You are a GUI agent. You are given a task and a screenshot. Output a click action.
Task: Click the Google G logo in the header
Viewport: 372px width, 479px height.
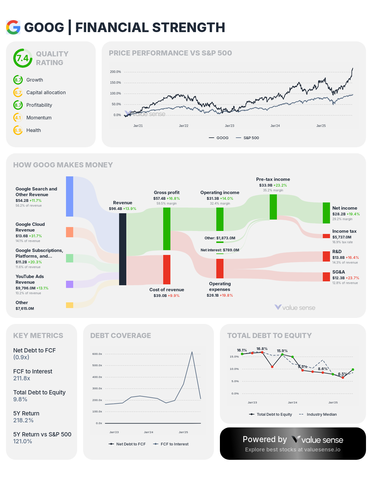pyautogui.click(x=13, y=27)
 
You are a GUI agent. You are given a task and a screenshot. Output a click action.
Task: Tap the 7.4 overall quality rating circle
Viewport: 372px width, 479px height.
pyautogui.click(x=22, y=58)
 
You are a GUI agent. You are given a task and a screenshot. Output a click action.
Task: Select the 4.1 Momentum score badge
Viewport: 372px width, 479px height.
pyautogui.click(x=18, y=118)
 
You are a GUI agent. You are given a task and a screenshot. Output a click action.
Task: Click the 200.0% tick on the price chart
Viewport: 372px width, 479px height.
pyautogui.click(x=115, y=72)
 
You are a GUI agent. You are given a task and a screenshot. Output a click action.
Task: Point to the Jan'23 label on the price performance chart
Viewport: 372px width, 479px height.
pyautogui.click(x=229, y=126)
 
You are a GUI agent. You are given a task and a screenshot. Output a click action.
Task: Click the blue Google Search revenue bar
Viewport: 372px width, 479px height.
pyautogui.click(x=70, y=196)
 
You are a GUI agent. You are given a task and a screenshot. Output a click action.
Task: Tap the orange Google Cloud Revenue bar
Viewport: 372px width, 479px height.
pyautogui.click(x=70, y=232)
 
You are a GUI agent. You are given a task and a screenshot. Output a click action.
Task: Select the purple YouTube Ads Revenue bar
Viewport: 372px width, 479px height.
pyautogui.click(x=70, y=284)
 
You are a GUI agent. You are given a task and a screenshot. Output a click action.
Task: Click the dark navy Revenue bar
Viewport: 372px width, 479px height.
pyautogui.click(x=123, y=249)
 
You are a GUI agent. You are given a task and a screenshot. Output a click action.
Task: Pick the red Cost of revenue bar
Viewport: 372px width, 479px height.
pyautogui.click(x=167, y=269)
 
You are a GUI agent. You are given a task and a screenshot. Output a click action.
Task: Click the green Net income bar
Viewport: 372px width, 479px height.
pyautogui.click(x=326, y=213)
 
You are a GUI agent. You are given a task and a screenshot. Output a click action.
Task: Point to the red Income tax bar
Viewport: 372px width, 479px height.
pyautogui.click(x=326, y=236)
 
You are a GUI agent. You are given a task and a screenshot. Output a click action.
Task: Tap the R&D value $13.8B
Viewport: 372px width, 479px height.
pyautogui.click(x=339, y=257)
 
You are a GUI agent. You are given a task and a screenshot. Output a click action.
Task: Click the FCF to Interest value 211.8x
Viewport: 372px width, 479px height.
pyautogui.click(x=22, y=378)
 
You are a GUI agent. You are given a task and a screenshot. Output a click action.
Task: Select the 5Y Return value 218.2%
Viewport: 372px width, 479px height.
pyautogui.click(x=23, y=420)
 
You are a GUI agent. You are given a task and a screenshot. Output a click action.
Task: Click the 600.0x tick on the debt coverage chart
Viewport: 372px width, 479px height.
pyautogui.click(x=97, y=354)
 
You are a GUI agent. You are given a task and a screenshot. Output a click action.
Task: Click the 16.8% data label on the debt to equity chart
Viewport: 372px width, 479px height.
pyautogui.click(x=262, y=349)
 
